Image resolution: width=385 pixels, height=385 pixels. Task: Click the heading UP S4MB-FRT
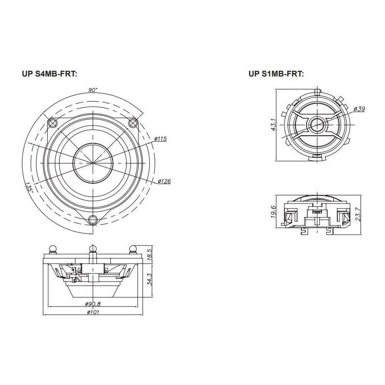point(50,74)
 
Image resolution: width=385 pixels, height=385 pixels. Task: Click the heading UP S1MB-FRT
point(276,74)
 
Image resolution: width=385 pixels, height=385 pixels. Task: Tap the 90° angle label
point(93,90)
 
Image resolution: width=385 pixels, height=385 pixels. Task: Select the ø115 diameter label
point(161,139)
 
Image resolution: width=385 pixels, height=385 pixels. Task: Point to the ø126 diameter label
point(164,181)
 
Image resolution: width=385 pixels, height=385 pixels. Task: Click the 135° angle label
point(29,188)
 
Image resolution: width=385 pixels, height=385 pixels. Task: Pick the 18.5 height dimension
point(150,254)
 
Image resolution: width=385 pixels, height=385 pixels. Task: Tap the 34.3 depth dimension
point(150,280)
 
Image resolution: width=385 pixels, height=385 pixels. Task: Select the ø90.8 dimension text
point(93,304)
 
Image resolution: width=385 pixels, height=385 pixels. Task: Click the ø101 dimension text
point(93,312)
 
